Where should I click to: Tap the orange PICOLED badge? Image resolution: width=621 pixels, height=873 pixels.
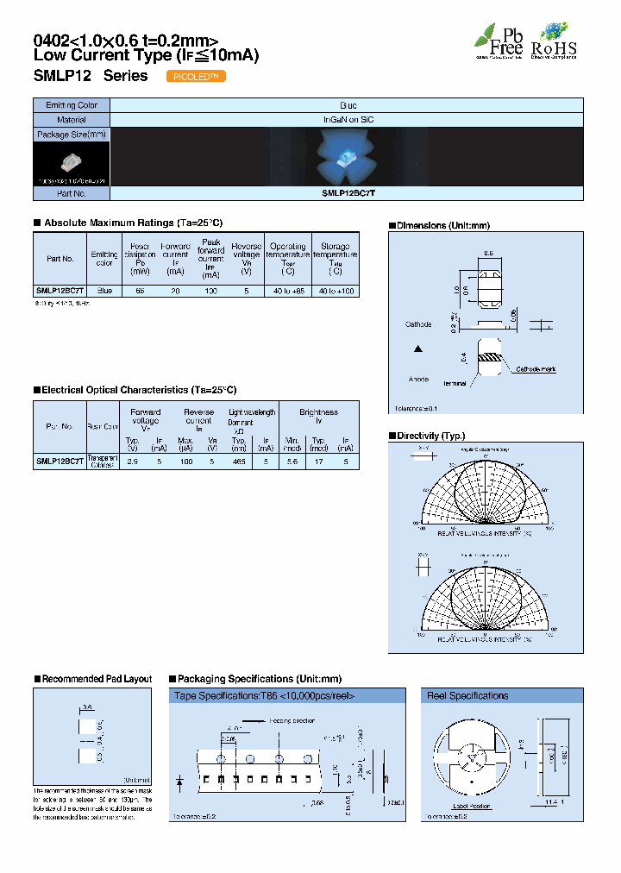click(195, 76)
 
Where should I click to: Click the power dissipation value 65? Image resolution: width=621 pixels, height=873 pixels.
click(139, 292)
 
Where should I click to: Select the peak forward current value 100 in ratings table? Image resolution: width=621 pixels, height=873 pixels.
click(210, 292)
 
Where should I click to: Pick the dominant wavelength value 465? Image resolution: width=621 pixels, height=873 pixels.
click(239, 462)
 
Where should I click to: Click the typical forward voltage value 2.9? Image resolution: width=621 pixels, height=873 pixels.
click(133, 462)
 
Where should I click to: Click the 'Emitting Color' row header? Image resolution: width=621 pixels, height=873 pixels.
click(72, 105)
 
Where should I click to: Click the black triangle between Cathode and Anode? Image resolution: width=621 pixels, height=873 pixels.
click(418, 349)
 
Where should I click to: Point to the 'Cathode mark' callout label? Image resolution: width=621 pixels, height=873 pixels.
click(536, 368)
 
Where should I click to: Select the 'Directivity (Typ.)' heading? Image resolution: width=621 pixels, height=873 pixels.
click(429, 436)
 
